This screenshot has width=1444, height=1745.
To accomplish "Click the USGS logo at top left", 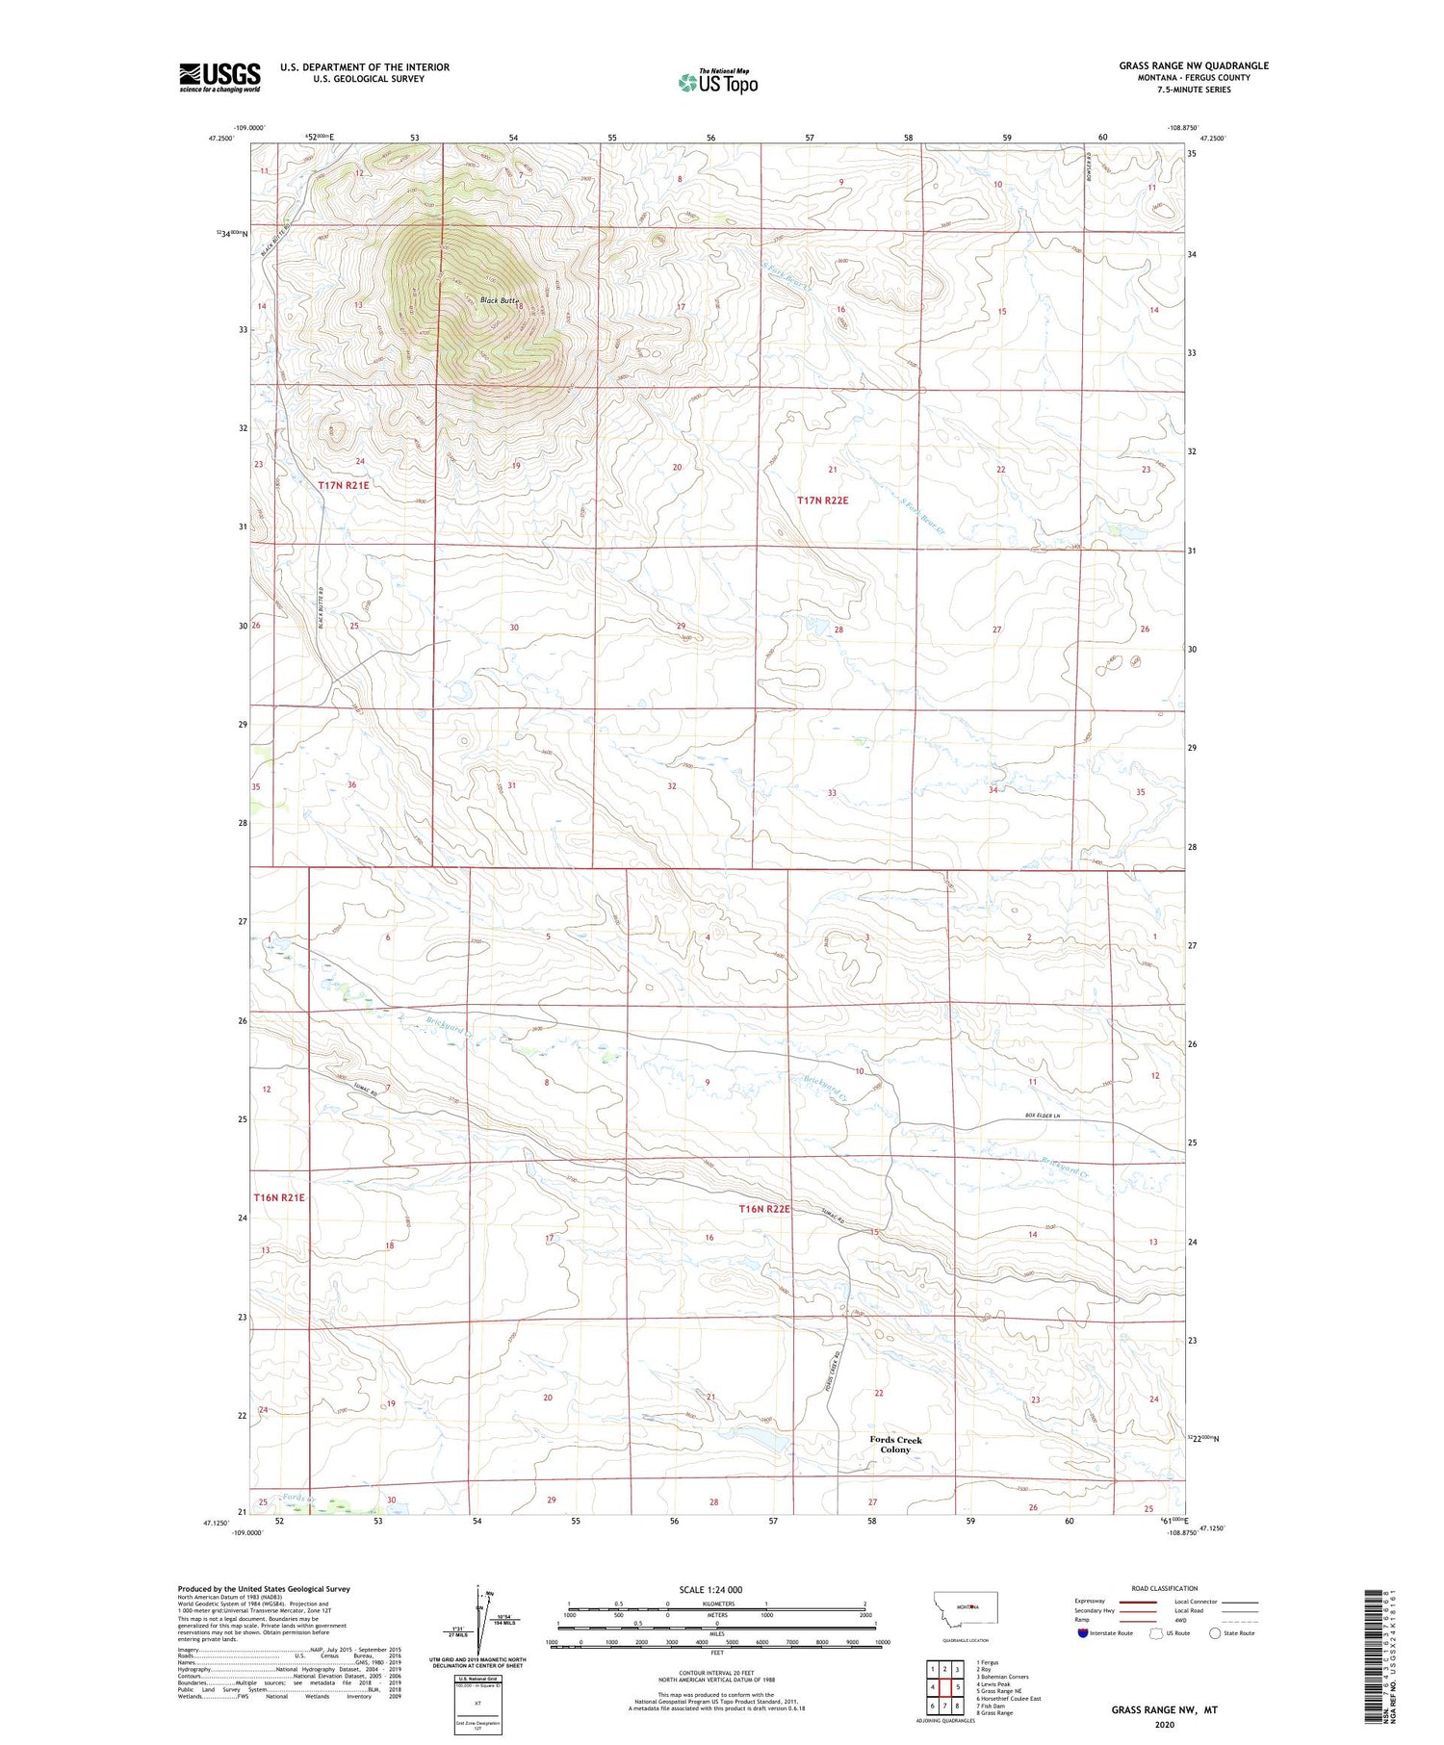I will coord(219,76).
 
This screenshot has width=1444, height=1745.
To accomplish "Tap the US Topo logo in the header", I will coord(717,82).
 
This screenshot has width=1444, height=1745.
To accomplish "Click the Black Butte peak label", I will coord(499,300).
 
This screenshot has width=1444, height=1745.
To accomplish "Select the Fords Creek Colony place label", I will coord(895,1444).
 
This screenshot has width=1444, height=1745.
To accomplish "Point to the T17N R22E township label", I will coord(822,500).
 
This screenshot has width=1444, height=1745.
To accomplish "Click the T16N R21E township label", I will coord(279,1197).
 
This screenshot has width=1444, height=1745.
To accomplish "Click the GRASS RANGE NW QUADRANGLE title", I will coord(1193,65).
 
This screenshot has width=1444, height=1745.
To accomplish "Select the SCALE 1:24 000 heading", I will coord(710,1589).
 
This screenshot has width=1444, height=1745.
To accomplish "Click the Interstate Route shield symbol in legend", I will coord(1083,1632).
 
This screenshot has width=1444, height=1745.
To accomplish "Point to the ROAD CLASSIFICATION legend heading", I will coord(1165,1588).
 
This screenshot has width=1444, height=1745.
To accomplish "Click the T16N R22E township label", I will coord(764,1208).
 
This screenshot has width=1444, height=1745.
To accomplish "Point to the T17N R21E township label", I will coord(344,486).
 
